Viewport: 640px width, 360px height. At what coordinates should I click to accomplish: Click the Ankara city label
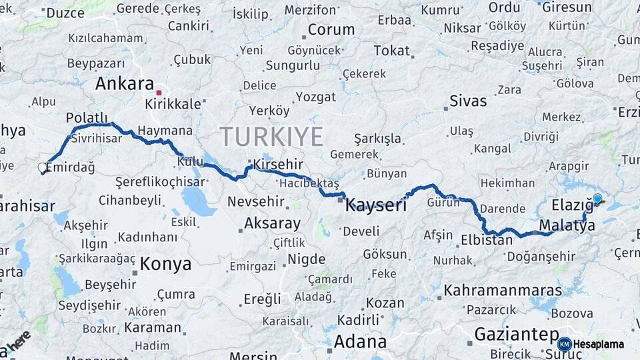[125, 83]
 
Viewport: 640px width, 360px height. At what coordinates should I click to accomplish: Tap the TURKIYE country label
[272, 137]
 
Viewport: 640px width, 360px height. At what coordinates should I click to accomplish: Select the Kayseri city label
[376, 205]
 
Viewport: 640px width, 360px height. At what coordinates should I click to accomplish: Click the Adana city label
[360, 342]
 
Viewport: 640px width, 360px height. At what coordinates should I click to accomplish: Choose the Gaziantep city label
[516, 334]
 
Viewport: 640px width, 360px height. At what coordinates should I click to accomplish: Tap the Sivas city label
[468, 101]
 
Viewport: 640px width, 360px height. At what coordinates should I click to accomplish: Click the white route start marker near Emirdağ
[43, 168]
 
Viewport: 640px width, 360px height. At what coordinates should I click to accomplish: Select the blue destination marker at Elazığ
[597, 198]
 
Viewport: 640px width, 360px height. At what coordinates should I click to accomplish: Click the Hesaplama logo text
[599, 345]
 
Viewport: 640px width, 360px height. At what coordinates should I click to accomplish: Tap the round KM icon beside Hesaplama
[564, 345]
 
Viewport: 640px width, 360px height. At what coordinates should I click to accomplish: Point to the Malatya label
[567, 225]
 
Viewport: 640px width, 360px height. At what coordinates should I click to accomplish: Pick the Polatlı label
[87, 117]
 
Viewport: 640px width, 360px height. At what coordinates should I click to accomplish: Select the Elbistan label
[487, 239]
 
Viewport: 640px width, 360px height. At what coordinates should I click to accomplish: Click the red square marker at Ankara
[159, 93]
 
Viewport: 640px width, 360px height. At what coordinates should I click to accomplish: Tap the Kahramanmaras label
[503, 291]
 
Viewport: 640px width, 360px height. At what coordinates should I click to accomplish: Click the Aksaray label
[272, 223]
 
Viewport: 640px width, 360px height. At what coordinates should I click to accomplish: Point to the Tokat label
[391, 51]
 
